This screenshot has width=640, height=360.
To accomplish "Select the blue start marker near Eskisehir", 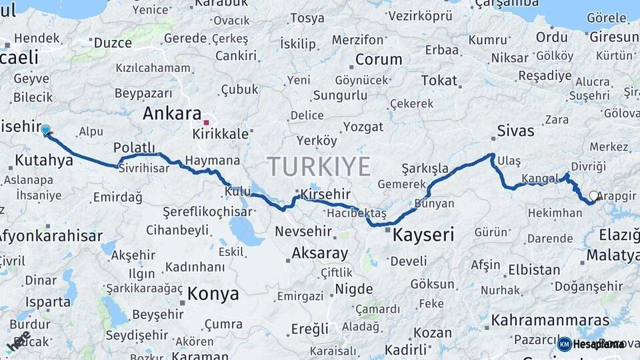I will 45,130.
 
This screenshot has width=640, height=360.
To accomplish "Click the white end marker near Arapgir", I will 594,196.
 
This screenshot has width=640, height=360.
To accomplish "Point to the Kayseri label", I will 423,235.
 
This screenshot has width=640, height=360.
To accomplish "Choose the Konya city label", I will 213,293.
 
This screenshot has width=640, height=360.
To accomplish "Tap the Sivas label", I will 515,131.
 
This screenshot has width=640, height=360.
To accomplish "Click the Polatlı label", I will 134,147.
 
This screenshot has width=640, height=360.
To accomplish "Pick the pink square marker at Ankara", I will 207,122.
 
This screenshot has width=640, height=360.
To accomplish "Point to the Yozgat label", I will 363,127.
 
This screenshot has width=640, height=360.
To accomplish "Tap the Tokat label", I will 439,81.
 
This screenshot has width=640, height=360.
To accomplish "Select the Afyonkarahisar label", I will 50,235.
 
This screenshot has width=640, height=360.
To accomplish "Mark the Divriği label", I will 589,166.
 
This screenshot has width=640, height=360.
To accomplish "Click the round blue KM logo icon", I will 565,344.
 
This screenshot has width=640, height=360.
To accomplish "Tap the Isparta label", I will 48,301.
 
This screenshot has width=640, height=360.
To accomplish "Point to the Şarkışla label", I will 425,168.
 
